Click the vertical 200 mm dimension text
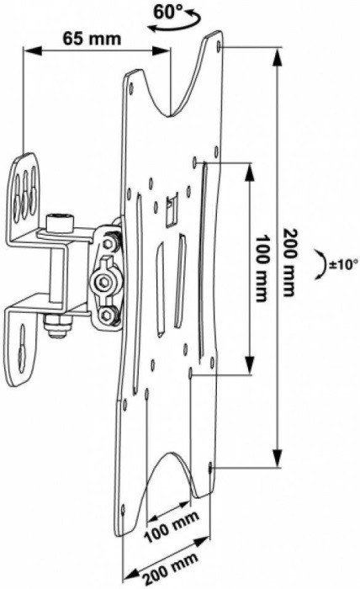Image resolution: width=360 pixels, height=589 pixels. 289,262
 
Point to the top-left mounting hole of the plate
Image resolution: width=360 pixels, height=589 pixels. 131,84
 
